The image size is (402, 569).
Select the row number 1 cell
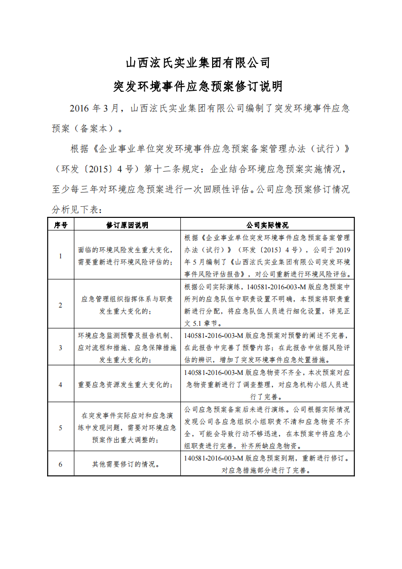click(61, 256)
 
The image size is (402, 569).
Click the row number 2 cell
click(61, 305)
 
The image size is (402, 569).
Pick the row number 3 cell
click(61, 348)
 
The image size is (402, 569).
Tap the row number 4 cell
click(61, 385)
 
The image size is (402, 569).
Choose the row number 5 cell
click(61, 428)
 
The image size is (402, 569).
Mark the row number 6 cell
click(61, 464)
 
